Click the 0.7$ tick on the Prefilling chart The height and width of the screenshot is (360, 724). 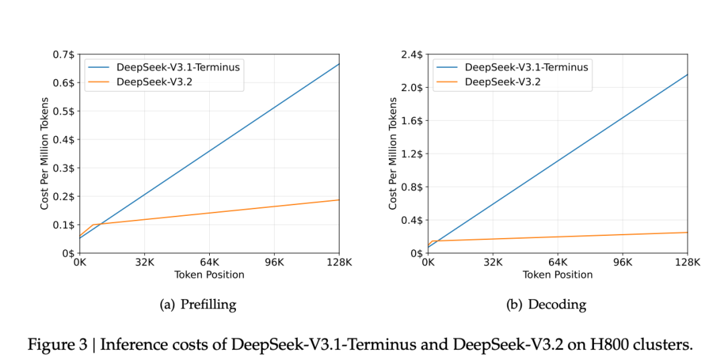pyautogui.click(x=65, y=54)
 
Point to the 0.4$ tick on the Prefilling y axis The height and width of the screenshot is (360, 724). pyautogui.click(x=65, y=139)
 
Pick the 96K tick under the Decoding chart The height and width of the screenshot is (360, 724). pyautogui.click(x=623, y=263)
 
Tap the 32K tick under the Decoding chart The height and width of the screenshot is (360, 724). pyautogui.click(x=493, y=263)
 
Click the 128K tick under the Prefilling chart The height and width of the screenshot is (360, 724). pyautogui.click(x=339, y=263)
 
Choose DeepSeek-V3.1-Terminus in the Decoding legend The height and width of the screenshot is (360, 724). pyautogui.click(x=526, y=67)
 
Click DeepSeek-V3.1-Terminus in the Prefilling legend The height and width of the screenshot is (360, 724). pyautogui.click(x=178, y=67)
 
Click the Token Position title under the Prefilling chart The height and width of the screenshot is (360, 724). pyautogui.click(x=209, y=275)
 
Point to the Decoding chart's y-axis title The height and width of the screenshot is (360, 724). pyautogui.click(x=394, y=154)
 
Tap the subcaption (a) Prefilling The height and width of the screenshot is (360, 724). pyautogui.click(x=198, y=305)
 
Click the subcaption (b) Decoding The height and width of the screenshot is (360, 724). pyautogui.click(x=546, y=305)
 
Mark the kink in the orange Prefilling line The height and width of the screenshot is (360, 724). pyautogui.click(x=93, y=225)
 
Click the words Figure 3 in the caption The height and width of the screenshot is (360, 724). pyautogui.click(x=57, y=345)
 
